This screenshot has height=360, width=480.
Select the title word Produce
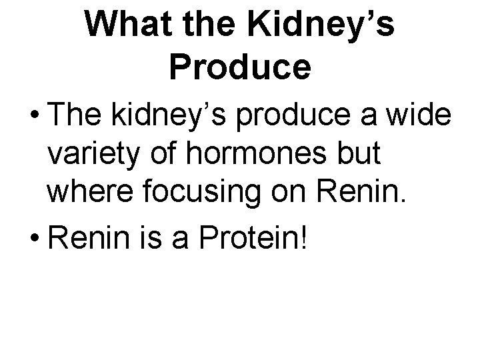(239, 67)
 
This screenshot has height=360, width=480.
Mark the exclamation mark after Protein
(306, 236)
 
